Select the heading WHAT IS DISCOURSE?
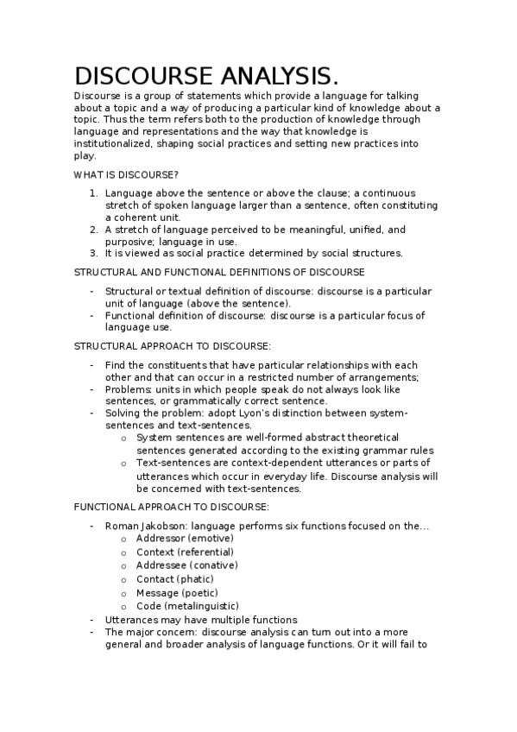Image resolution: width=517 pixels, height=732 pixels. pos(126,174)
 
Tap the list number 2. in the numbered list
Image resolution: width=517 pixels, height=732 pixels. pos(94,230)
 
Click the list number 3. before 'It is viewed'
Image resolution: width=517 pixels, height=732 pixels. pos(94,253)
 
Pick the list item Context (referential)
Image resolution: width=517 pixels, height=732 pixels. pos(185,552)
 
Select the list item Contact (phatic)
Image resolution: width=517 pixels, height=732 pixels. pos(175,579)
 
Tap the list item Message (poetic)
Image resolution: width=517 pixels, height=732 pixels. pos(177,593)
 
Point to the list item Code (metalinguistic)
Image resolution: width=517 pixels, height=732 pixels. pos(187,606)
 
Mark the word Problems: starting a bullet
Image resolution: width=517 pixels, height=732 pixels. pos(126,389)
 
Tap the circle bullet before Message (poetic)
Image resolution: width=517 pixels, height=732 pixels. pos(124,593)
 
